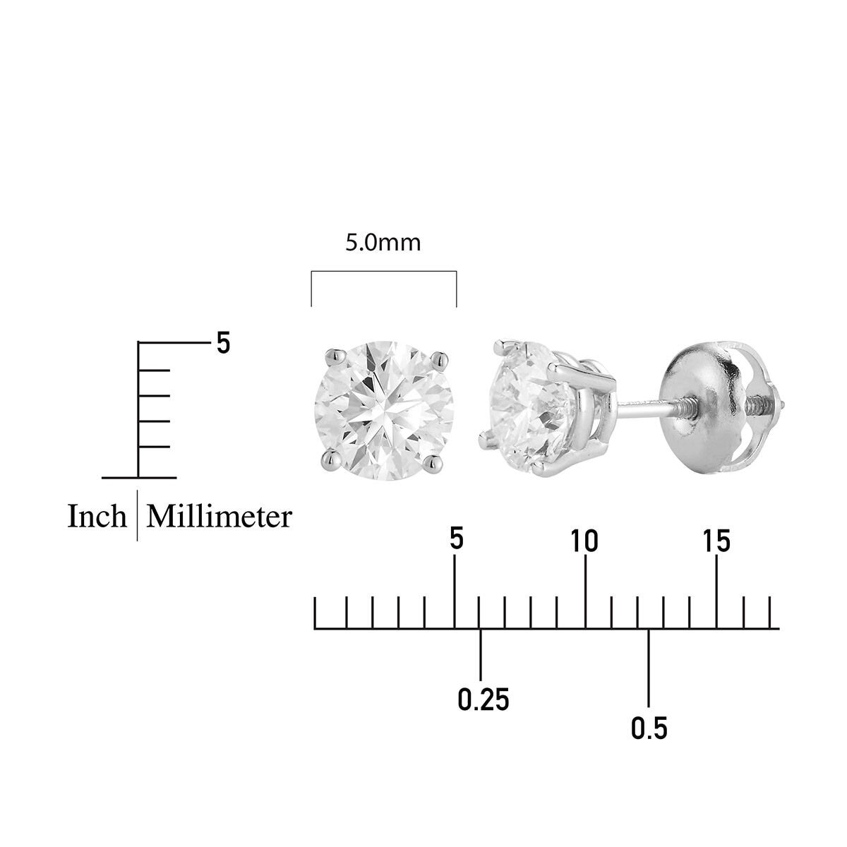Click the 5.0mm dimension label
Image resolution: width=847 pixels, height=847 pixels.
point(383,243)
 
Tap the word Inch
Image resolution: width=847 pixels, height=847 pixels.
point(97,517)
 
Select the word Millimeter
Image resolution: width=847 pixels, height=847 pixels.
point(219,517)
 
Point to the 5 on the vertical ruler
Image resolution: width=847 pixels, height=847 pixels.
point(223,343)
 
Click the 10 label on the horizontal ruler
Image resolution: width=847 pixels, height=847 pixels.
point(584,541)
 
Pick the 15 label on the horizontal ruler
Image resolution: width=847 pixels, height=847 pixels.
point(716,541)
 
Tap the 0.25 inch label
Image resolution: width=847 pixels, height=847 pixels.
point(483,699)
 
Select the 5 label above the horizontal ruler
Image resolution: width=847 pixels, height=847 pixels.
point(457,539)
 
